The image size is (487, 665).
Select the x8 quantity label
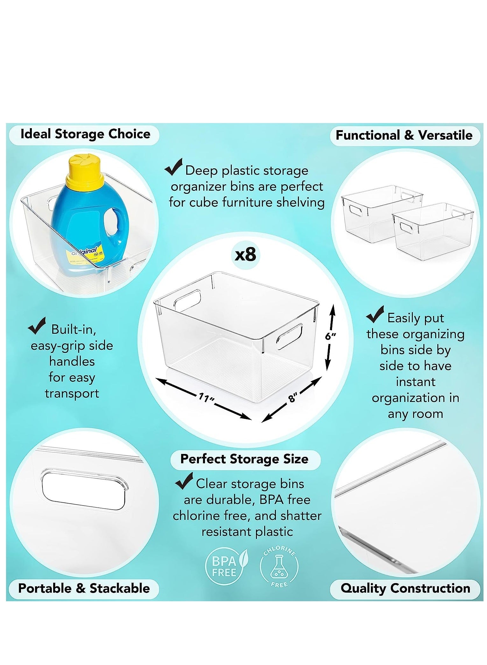pos(245,255)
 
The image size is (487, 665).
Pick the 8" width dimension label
pos(293,398)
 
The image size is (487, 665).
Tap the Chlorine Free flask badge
pos(279,566)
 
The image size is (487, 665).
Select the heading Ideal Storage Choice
pos(85,134)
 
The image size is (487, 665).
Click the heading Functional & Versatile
pos(404,135)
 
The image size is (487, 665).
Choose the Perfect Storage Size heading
pos(244,459)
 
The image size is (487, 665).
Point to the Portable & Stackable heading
pos(84,588)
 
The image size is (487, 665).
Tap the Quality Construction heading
pos(406,588)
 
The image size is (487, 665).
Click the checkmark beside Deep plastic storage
pos(173,167)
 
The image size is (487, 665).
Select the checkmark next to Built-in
pos(37,326)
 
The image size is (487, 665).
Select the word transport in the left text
pos(72,394)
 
